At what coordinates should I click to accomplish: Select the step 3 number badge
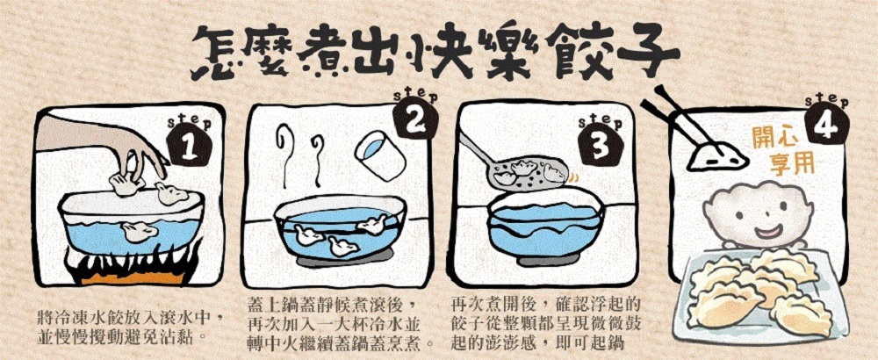coord(600,146)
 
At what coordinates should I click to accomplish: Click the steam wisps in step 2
coord(301,156)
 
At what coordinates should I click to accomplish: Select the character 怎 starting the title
coord(217,55)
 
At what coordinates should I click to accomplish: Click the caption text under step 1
coord(128,328)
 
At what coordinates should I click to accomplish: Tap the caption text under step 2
coord(341,321)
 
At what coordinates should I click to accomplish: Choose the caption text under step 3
coord(545,321)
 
